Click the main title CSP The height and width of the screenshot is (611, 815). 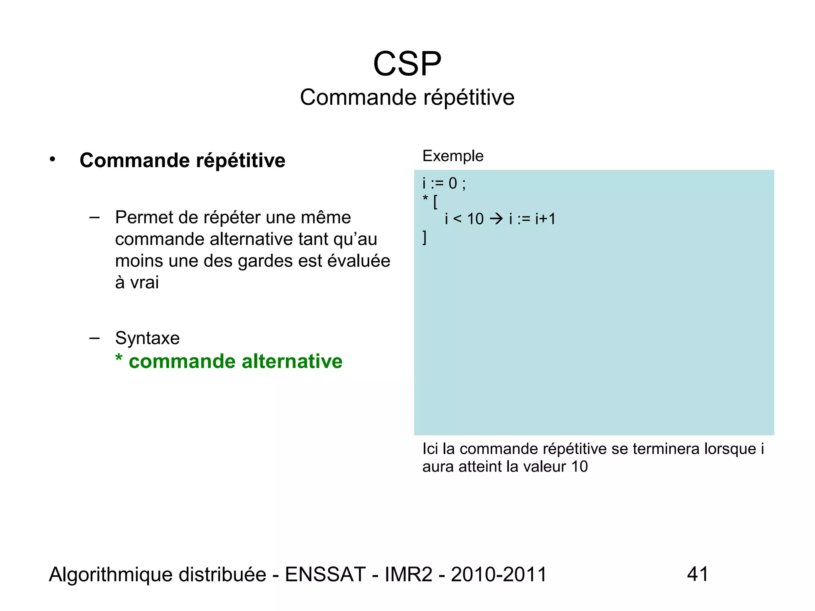point(407,64)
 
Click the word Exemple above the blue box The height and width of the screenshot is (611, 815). point(453,156)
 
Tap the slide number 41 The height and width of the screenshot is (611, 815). point(698,574)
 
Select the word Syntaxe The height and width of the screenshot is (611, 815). point(147,338)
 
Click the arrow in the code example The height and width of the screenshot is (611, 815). point(496,219)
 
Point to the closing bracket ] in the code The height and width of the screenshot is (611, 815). point(425,237)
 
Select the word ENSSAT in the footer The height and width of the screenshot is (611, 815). point(325,574)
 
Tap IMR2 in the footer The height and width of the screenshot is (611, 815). point(408,574)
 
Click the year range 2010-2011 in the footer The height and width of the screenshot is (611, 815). point(499,574)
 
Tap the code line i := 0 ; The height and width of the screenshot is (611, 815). point(444,183)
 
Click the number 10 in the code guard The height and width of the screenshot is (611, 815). point(475,219)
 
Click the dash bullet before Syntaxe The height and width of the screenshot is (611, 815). point(94,338)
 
